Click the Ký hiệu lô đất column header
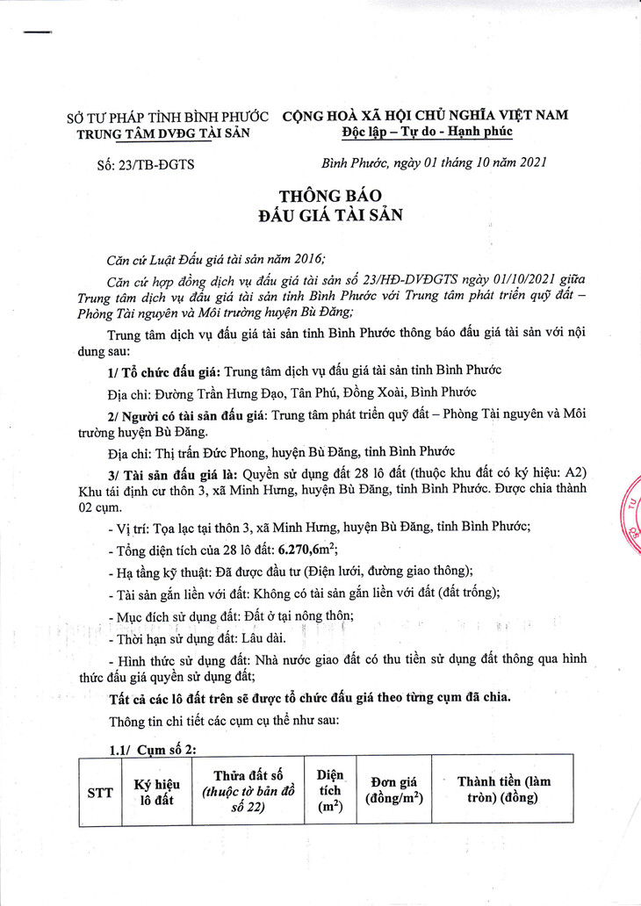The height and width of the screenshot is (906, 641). click(155, 790)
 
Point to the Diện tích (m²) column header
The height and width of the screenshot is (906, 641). click(330, 790)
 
